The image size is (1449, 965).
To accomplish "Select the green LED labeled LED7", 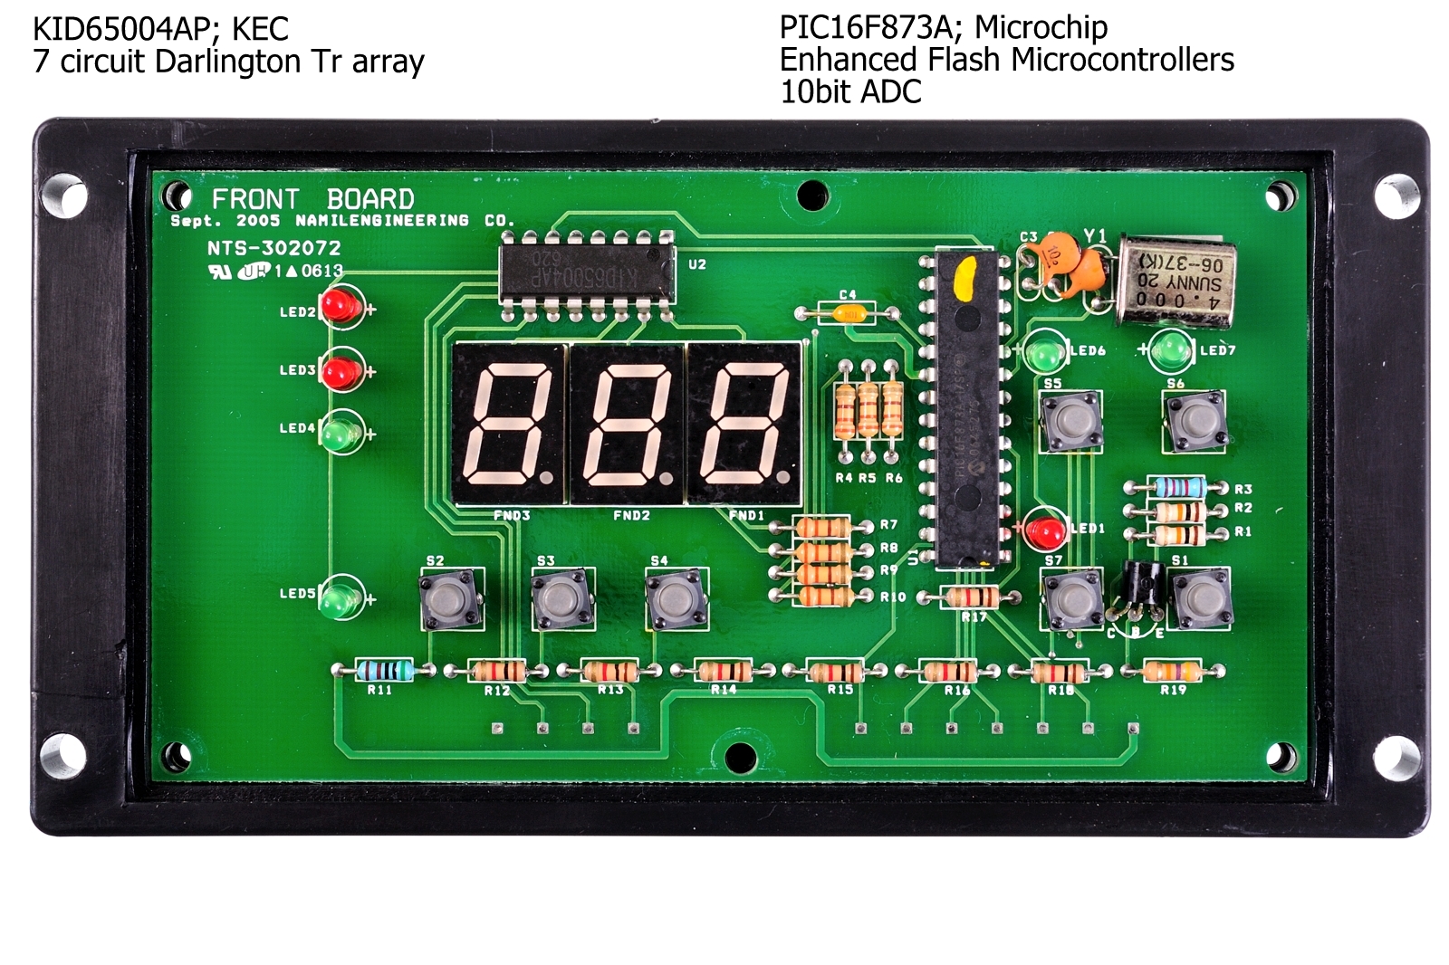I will point(1172,350).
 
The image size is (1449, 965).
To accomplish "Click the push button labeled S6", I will point(1195,420).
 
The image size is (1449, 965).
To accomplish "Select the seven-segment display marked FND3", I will point(509,423).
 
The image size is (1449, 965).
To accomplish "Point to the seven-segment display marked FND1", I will point(744,423).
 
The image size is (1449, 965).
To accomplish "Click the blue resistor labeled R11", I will point(384,671).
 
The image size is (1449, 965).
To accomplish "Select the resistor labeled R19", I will point(1172,671).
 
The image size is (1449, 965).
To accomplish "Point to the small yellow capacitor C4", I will point(849,314).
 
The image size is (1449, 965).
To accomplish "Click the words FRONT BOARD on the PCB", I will point(312,199).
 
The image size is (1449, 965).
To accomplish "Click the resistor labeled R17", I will point(971,597).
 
